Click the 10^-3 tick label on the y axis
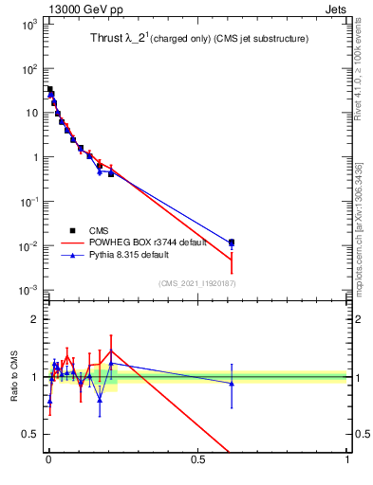(28, 290)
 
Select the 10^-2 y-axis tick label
(28, 246)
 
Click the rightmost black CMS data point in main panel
(232, 242)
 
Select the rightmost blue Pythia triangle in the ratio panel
(232, 383)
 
